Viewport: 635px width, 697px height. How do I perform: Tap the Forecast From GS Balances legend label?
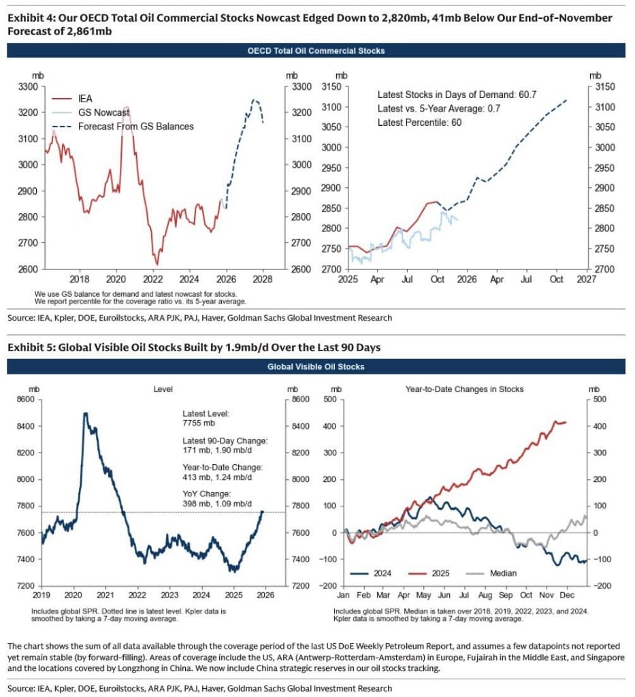135,126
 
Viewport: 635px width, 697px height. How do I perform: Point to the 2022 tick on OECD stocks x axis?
152,278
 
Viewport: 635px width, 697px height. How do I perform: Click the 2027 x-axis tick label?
585,278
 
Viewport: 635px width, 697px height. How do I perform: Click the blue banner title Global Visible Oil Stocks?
316,367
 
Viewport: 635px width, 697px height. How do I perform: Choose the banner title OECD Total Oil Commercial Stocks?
316,50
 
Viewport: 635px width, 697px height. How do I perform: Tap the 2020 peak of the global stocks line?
85,413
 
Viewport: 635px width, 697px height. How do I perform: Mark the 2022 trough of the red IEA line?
157,264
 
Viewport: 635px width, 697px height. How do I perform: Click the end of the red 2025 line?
566,422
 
